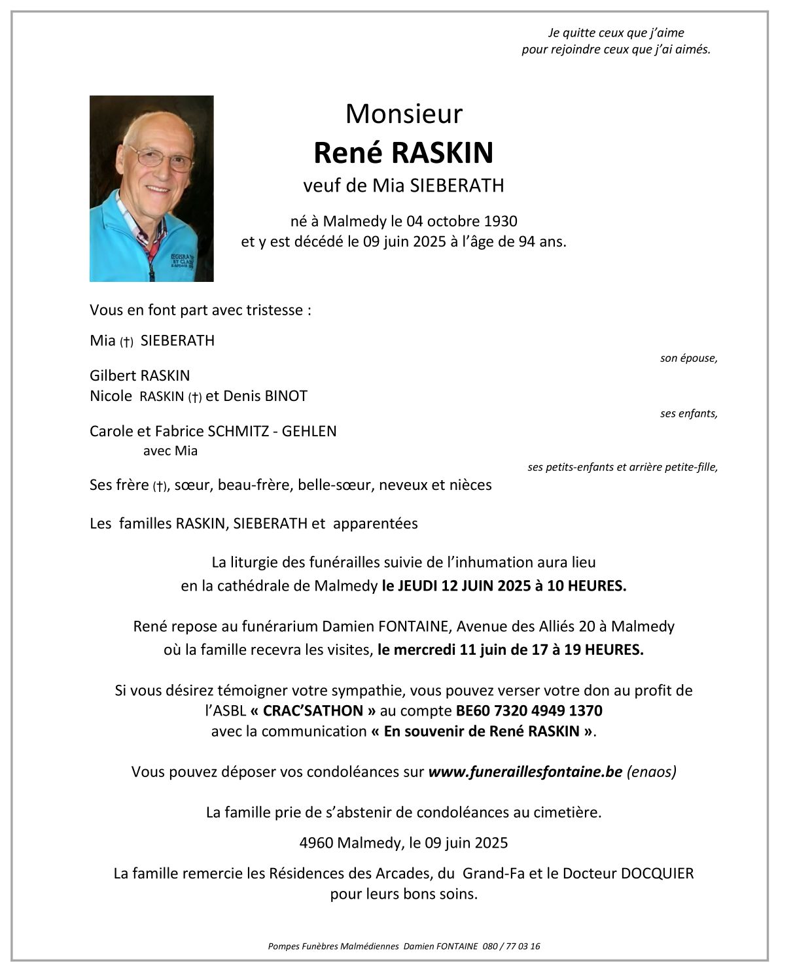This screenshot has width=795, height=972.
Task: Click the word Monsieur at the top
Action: click(x=404, y=114)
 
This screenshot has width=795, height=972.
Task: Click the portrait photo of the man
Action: click(x=151, y=188)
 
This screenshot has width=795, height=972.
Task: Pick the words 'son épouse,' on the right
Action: click(x=688, y=358)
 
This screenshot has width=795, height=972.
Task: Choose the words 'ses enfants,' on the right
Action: click(x=688, y=413)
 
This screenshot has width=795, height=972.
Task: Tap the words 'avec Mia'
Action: click(x=170, y=451)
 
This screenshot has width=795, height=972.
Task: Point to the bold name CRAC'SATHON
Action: click(x=313, y=710)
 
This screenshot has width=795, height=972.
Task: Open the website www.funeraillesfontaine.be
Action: click(x=525, y=772)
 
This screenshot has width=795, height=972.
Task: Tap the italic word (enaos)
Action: click(x=651, y=772)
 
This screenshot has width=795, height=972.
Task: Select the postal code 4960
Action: click(x=316, y=842)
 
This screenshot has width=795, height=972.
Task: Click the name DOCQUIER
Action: click(x=657, y=873)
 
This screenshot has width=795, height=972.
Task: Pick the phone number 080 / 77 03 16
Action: click(x=511, y=946)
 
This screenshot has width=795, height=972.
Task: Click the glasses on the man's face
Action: click(x=162, y=159)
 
